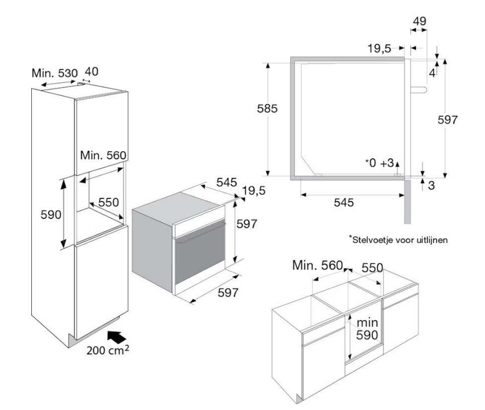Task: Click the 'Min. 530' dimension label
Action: tap(55, 73)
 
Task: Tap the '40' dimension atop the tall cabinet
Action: tap(91, 72)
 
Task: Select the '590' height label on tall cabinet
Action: tap(51, 214)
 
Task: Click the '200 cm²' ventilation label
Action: tap(108, 350)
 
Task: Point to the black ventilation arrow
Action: tap(117, 337)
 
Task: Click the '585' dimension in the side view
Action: tap(267, 109)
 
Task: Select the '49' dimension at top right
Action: tap(419, 21)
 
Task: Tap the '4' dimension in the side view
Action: tap(432, 73)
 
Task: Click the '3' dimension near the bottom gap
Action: tap(431, 185)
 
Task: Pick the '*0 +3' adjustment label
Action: tap(380, 163)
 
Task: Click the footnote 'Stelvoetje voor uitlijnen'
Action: tap(399, 240)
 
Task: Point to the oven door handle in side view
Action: tap(419, 89)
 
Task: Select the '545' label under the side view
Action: tap(344, 203)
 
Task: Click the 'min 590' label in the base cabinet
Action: tap(367, 329)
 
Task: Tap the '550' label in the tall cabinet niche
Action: tap(109, 202)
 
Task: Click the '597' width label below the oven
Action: tap(228, 292)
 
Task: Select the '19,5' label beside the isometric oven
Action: tap(254, 191)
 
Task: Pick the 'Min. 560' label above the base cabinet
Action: tap(318, 265)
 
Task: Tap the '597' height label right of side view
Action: tap(448, 120)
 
